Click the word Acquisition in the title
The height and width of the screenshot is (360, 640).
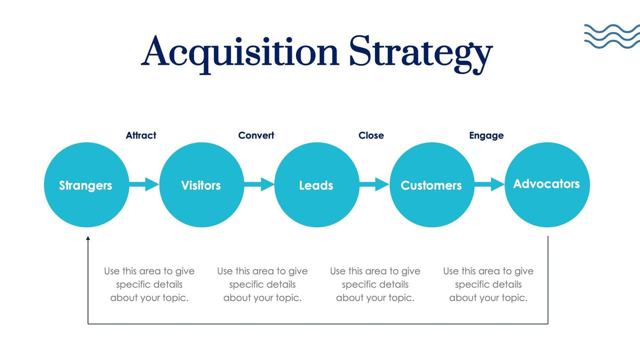[240, 52]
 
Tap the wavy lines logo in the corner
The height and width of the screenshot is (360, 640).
[611, 36]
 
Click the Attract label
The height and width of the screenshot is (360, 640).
[141, 135]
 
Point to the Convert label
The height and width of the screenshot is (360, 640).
[256, 135]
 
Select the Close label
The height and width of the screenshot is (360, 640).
[371, 135]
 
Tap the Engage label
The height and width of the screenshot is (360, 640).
[486, 135]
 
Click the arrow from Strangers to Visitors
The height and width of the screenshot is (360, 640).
[143, 185]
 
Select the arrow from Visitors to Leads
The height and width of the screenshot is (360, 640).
[259, 185]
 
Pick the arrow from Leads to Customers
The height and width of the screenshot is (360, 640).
[374, 185]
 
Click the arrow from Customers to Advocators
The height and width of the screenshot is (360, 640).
[489, 185]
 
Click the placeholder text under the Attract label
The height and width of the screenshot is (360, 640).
[149, 284]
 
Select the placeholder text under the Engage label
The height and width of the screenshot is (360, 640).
[488, 284]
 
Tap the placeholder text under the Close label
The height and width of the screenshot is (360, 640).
[375, 284]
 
